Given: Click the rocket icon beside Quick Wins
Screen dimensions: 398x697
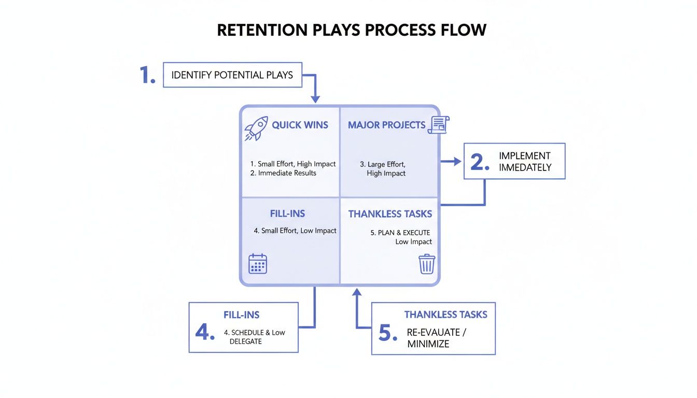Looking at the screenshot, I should (256, 128).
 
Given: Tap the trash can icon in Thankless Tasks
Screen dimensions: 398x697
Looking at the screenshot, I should (426, 264).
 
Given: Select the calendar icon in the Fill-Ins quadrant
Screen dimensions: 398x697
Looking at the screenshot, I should (258, 264).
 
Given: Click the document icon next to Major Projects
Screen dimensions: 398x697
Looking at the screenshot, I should (439, 125).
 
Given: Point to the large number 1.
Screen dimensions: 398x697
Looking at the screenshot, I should (147, 76).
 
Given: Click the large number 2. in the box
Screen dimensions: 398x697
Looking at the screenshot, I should (480, 162).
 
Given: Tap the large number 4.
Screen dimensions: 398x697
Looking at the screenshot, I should (204, 332).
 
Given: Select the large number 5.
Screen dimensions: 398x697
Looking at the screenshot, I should (387, 333).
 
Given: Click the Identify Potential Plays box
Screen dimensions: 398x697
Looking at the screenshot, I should (232, 75).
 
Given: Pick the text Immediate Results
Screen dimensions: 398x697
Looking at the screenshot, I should (283, 173).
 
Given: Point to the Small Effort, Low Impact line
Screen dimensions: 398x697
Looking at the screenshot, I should (295, 231).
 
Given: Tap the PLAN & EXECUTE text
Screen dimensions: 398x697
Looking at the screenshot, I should (400, 233).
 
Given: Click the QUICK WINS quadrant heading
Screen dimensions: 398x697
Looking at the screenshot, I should (300, 125).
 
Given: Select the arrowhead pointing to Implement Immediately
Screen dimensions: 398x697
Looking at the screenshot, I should (457, 162).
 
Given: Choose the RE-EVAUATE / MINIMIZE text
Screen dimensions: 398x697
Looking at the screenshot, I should (436, 338).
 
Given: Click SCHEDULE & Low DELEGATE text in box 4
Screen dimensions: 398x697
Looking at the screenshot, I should (254, 337).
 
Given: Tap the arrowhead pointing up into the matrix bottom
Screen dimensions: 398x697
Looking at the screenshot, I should (356, 293).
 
